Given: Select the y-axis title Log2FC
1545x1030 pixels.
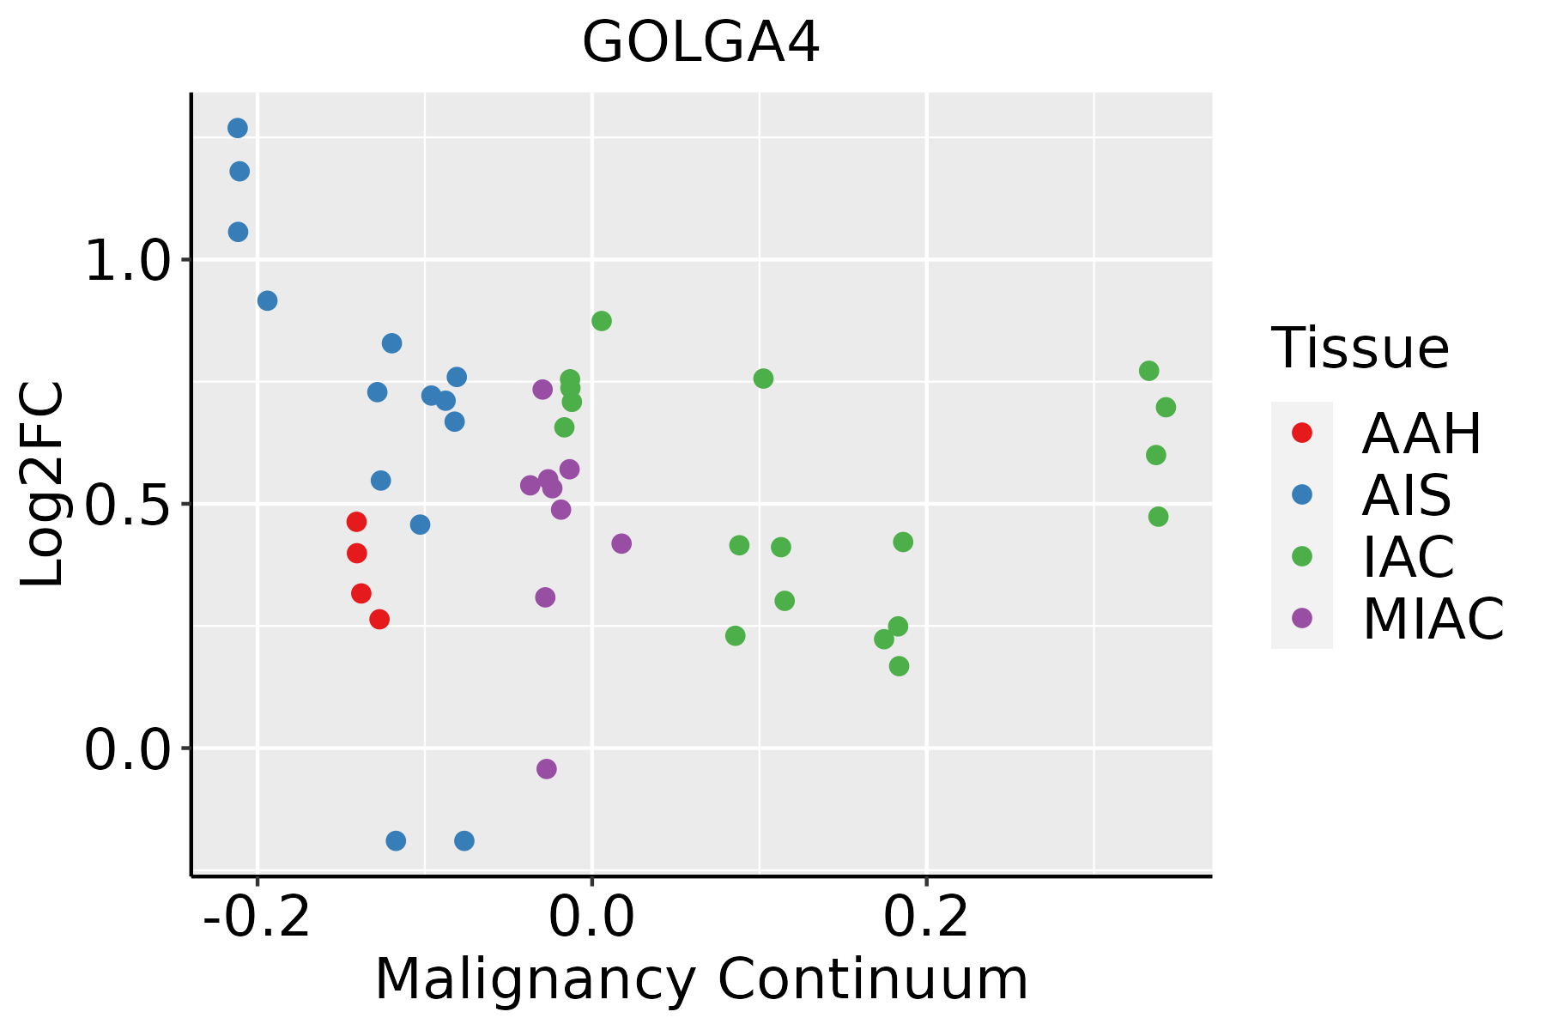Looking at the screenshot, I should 43,485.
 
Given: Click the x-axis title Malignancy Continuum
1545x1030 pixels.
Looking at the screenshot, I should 700,979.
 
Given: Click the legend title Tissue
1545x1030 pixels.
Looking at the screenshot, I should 1360,348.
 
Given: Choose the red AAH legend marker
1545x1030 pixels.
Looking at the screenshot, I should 1302,433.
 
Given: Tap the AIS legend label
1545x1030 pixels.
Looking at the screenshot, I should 1406,495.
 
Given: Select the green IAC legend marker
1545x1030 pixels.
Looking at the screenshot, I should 1302,556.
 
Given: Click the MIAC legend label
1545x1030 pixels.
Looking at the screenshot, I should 1433,619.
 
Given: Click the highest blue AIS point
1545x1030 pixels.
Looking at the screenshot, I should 238,128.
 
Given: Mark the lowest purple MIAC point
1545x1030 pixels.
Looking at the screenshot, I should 547,768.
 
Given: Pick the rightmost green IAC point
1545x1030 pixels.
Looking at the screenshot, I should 1166,407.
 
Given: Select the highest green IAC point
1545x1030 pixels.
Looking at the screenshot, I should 602,321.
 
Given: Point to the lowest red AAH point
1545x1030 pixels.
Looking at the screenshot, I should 379,619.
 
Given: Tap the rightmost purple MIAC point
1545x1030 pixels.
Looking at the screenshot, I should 621,543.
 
